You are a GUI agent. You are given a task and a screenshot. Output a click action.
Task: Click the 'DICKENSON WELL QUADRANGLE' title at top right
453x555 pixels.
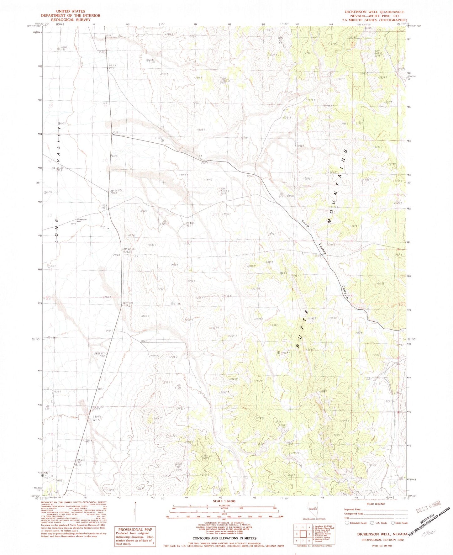point(375,12)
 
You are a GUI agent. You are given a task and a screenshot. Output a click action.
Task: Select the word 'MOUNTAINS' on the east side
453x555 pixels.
point(338,186)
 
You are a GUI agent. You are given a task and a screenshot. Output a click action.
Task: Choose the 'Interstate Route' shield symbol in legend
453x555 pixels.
point(347,523)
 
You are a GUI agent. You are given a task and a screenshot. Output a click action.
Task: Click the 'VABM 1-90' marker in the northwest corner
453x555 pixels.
point(61,49)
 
